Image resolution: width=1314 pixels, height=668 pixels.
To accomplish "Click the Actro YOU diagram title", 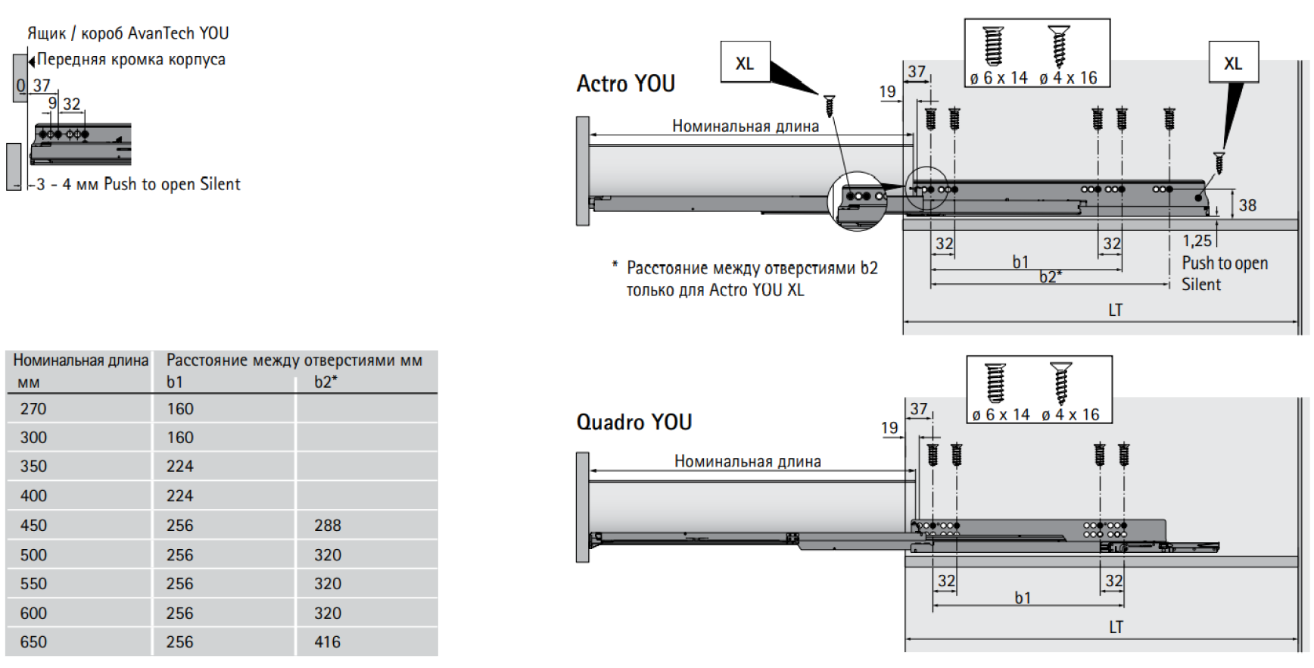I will coord(625,83).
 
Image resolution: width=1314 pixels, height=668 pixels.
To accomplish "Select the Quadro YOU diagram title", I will coord(634,422).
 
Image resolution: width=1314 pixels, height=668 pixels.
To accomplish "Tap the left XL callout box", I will coord(745,63).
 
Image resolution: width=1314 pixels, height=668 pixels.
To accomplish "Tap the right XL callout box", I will coord(1232,63).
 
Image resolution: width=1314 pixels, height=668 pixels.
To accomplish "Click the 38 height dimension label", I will coord(1247,205).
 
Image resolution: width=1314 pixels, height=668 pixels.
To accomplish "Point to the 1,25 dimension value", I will coord(1197,241).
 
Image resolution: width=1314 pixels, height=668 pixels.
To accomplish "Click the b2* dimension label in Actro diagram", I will coord(1050,277).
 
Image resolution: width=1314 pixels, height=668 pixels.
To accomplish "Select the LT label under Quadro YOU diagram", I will coord(1116,627).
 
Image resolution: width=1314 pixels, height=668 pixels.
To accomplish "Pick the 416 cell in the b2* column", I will coord(327,641).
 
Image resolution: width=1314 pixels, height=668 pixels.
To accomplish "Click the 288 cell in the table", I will coord(327,525).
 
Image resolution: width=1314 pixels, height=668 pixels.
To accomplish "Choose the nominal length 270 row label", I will coord(33,409).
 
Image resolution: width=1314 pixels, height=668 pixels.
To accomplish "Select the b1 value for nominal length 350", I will coord(180,467).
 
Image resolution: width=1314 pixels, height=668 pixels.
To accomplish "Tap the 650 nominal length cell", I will coord(33,641).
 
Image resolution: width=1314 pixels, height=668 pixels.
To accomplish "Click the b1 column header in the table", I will coord(175,382).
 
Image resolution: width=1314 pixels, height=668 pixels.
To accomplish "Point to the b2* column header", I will coord(325,382).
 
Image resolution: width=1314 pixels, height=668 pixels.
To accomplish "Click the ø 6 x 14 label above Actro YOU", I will coord(998,78).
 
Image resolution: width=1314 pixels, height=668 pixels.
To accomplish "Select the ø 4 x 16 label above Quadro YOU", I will coord(1070,415).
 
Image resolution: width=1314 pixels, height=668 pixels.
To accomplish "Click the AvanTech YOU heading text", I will coord(128,33).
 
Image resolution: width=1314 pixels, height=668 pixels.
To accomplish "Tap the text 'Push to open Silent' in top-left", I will coord(172,184).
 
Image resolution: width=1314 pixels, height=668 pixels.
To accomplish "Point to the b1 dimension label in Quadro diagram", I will coord(1022,598).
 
